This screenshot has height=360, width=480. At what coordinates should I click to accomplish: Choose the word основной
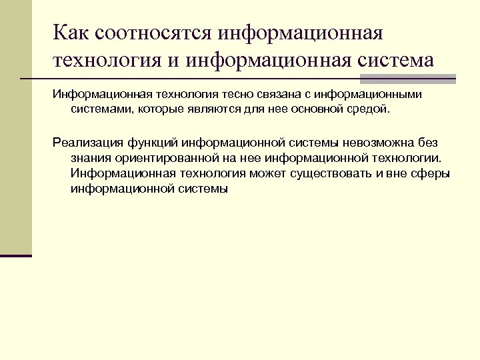click(319, 109)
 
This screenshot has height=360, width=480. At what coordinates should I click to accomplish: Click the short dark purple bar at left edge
click(16, 255)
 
